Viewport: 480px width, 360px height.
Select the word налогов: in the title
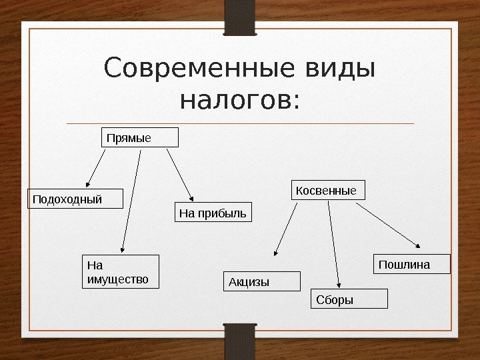[241, 101]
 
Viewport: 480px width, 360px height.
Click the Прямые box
[140, 137]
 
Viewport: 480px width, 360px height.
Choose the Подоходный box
[75, 199]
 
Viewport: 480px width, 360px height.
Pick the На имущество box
[121, 271]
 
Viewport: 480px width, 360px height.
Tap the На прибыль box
[214, 213]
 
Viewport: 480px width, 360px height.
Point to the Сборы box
[349, 299]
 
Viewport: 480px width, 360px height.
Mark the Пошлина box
[413, 264]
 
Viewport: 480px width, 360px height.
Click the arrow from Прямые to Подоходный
[95, 169]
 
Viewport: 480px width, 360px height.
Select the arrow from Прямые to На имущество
[131, 201]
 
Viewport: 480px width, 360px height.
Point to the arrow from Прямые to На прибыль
[180, 175]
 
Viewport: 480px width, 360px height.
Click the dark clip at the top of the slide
[239, 17]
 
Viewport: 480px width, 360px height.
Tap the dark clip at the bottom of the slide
[239, 341]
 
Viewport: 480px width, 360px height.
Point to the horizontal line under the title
[240, 123]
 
